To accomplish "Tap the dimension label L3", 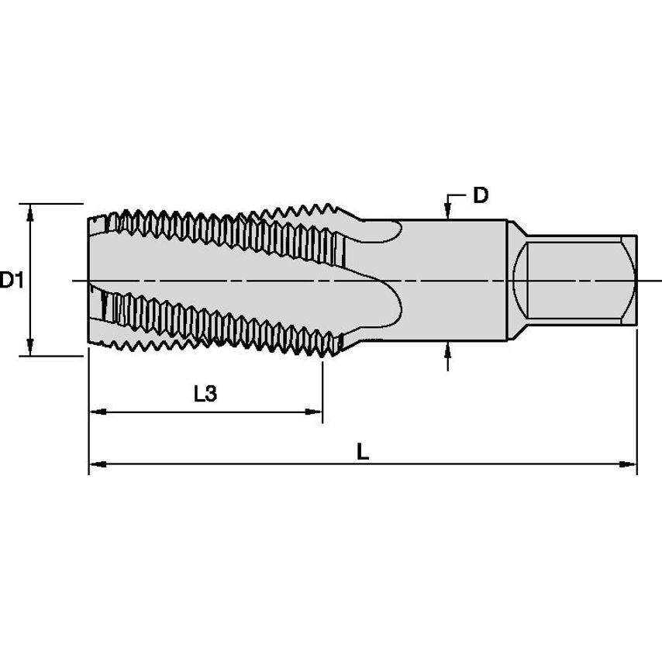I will coord(205,394).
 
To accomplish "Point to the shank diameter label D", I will coord(481,195).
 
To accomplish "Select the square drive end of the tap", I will coord(578,280).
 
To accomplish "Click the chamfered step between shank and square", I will coord(515,280).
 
